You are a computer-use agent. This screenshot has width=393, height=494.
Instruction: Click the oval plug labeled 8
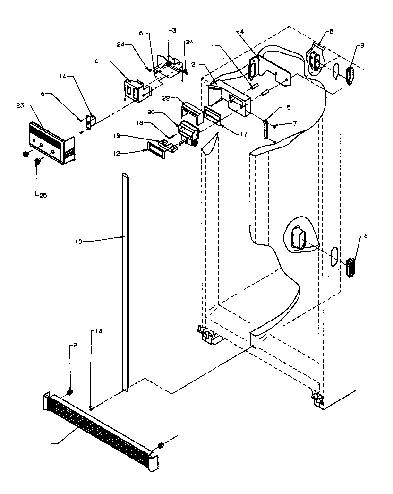click(350, 268)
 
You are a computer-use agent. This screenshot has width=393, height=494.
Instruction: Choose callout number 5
click(331, 32)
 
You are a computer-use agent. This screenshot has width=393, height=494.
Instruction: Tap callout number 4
click(241, 32)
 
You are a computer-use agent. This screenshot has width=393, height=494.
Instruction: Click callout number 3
click(174, 31)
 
